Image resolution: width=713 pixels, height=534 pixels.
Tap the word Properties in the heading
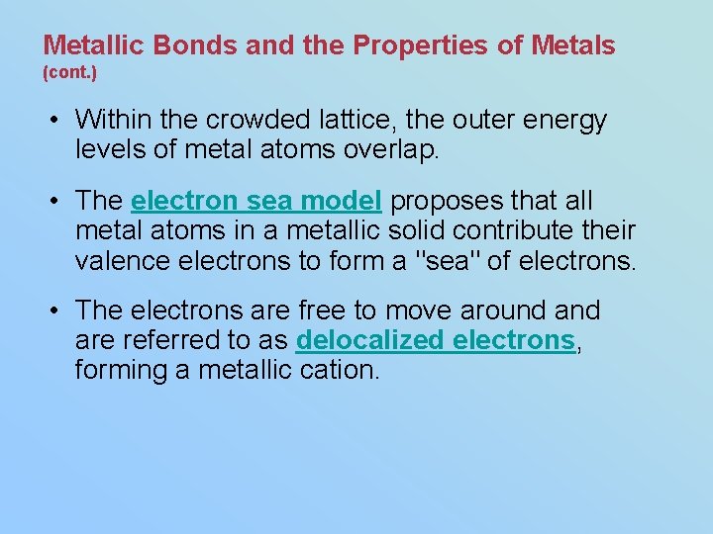(413, 44)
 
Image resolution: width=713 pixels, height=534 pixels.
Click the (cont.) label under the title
(69, 73)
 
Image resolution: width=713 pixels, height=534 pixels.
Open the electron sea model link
(255, 201)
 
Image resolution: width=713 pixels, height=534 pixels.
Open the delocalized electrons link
(435, 341)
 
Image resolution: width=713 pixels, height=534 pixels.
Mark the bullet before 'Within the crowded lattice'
(58, 122)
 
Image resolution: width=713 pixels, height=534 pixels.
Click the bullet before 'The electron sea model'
(58, 202)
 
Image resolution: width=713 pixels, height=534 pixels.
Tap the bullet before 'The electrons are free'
(58, 311)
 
